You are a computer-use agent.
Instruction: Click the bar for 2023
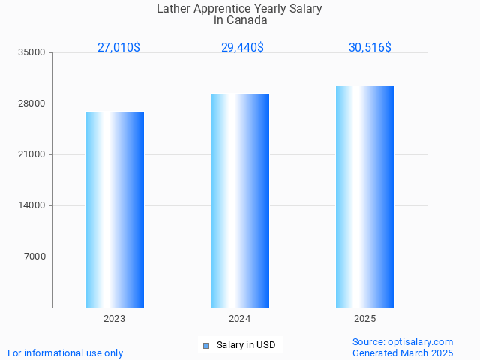(x=115, y=210)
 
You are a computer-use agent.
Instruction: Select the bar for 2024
(x=240, y=201)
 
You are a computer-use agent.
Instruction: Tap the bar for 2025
(x=364, y=197)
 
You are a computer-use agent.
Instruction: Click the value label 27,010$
(x=118, y=47)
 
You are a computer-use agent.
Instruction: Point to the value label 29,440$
(x=242, y=47)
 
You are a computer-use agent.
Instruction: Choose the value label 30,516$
(x=370, y=47)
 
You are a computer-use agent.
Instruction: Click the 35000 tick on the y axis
(x=33, y=53)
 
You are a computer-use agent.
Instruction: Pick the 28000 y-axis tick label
(x=33, y=104)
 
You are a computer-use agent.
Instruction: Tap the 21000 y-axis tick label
(x=33, y=155)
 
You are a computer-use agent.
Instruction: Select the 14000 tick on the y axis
(x=33, y=206)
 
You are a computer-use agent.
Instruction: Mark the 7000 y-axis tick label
(x=35, y=257)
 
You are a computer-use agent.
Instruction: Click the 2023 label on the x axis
(x=115, y=319)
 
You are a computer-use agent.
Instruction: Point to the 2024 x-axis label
(x=240, y=319)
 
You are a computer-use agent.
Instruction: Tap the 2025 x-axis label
(x=365, y=319)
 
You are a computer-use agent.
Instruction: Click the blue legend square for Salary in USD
(x=206, y=346)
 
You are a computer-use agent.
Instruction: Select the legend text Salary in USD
(x=246, y=345)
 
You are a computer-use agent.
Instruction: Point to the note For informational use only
(x=65, y=352)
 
